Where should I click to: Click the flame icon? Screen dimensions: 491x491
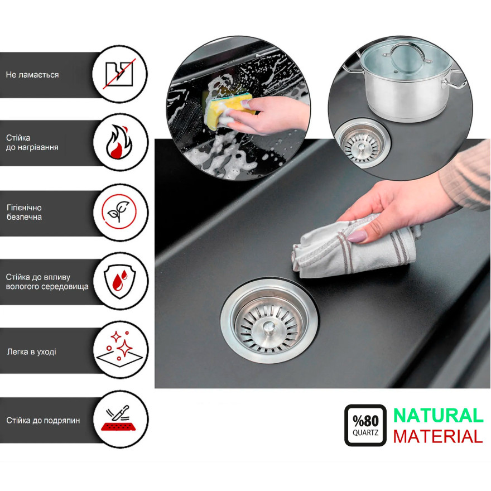[x=119, y=142]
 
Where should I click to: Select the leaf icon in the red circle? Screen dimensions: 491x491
[x=119, y=211]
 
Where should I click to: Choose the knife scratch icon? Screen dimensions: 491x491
[x=119, y=418]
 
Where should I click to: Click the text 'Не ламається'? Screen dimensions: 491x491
[x=32, y=75]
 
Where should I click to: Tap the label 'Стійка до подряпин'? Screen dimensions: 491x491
[x=43, y=420]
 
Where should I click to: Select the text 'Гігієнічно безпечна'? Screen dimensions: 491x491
[x=25, y=213]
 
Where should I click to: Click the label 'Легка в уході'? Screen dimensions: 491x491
[x=32, y=352]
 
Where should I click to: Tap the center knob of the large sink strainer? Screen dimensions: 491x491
[x=269, y=329]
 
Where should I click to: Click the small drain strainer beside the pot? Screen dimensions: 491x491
[x=363, y=143]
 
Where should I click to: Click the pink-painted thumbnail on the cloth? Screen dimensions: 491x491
[x=357, y=236]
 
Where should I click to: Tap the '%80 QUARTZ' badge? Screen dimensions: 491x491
[x=365, y=425]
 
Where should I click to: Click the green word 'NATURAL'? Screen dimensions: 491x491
[x=439, y=416]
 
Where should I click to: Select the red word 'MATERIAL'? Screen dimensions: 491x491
[x=438, y=436]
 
